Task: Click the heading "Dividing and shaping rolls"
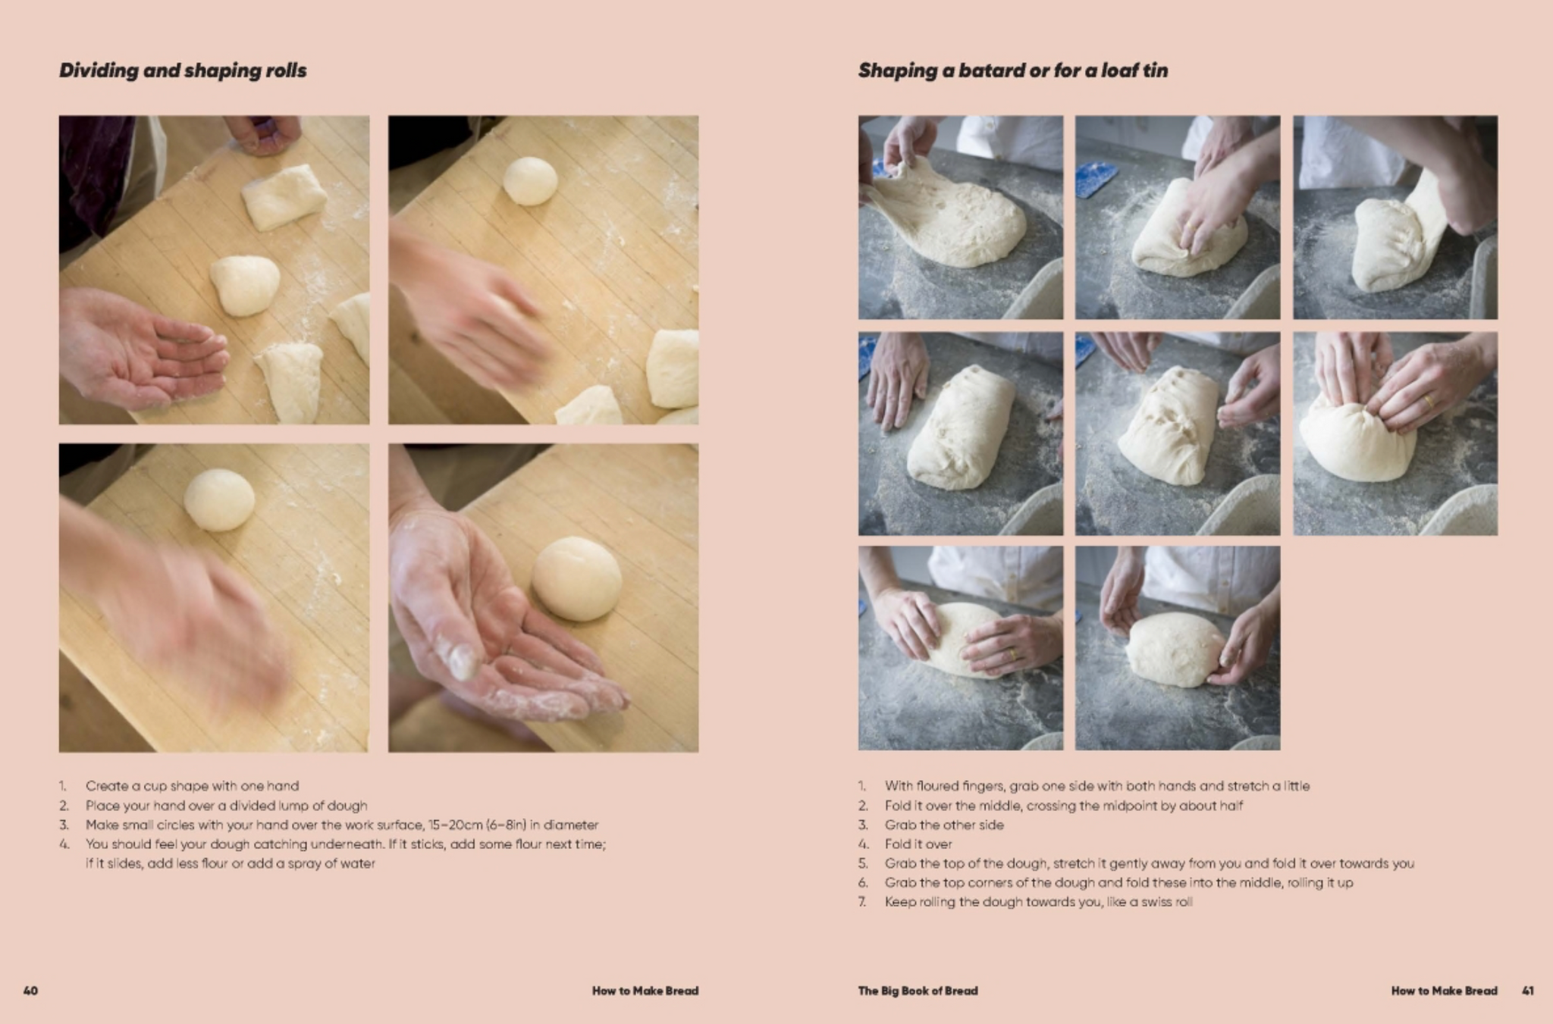(x=183, y=70)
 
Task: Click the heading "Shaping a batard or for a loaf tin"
(x=1013, y=70)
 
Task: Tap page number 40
(x=30, y=991)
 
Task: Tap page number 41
(x=1528, y=991)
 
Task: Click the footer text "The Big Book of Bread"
(x=918, y=991)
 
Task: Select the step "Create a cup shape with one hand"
(x=192, y=786)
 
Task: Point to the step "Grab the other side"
(x=944, y=825)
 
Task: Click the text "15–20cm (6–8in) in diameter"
(x=513, y=825)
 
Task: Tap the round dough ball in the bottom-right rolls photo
(x=576, y=578)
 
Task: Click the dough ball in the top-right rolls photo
(x=530, y=180)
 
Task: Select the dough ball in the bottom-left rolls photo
(x=219, y=499)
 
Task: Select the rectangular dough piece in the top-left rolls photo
(x=284, y=196)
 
